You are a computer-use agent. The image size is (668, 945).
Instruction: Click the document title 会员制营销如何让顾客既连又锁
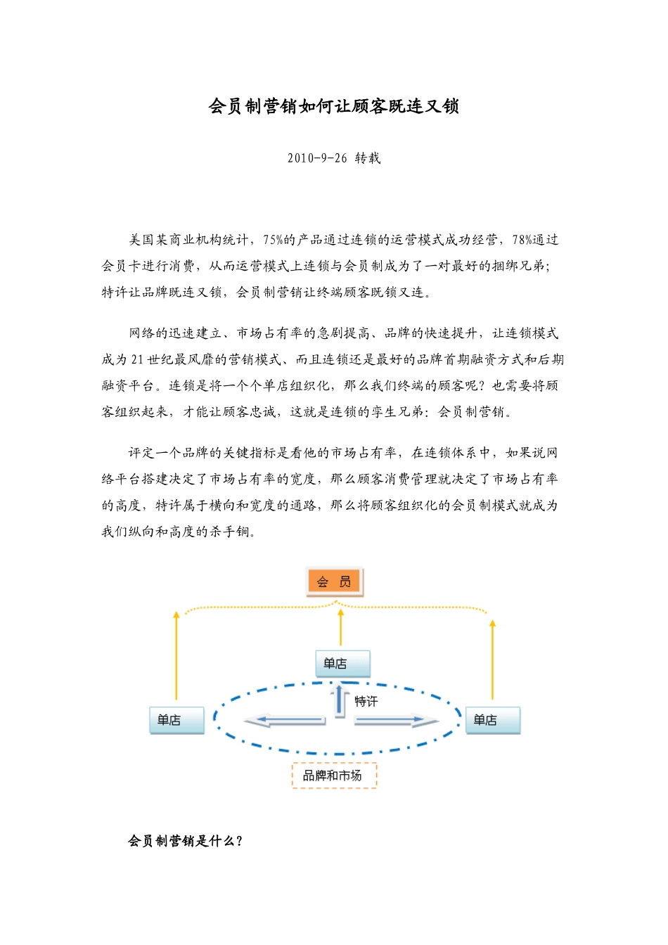[x=333, y=107]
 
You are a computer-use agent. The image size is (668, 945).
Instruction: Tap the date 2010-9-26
[x=317, y=158]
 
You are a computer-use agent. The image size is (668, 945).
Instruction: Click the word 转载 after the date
[x=367, y=158]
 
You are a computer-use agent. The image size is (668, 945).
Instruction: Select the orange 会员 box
[x=334, y=581]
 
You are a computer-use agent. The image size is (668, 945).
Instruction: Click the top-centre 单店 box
[x=342, y=663]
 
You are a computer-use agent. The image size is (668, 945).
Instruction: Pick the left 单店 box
[x=176, y=720]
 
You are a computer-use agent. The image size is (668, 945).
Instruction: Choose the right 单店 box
[x=492, y=720]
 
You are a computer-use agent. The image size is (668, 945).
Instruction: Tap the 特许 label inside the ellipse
[x=366, y=701]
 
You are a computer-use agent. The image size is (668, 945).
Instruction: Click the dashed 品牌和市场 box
[x=334, y=776]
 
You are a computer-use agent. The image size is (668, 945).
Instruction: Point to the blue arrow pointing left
[x=285, y=720]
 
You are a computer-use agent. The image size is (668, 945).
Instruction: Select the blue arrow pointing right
[x=396, y=720]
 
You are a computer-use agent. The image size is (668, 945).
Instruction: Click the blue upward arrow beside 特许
[x=340, y=701]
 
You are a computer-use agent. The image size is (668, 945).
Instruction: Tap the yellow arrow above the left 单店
[x=176, y=654]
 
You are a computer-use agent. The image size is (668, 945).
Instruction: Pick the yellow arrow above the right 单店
[x=492, y=657]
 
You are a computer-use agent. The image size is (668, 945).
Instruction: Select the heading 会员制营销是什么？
[x=186, y=841]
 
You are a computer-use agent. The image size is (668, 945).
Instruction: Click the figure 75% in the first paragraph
[x=273, y=240]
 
